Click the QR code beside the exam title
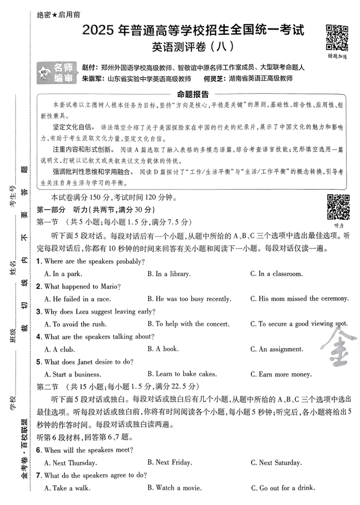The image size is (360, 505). tap(337, 36)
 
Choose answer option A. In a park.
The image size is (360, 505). tap(63, 274)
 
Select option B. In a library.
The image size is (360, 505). tap(169, 274)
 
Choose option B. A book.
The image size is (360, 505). tap(163, 349)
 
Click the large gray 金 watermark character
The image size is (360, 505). tap(340, 350)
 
